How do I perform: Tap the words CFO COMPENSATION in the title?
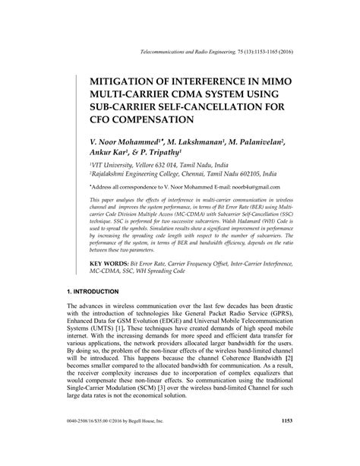click(142, 119)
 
